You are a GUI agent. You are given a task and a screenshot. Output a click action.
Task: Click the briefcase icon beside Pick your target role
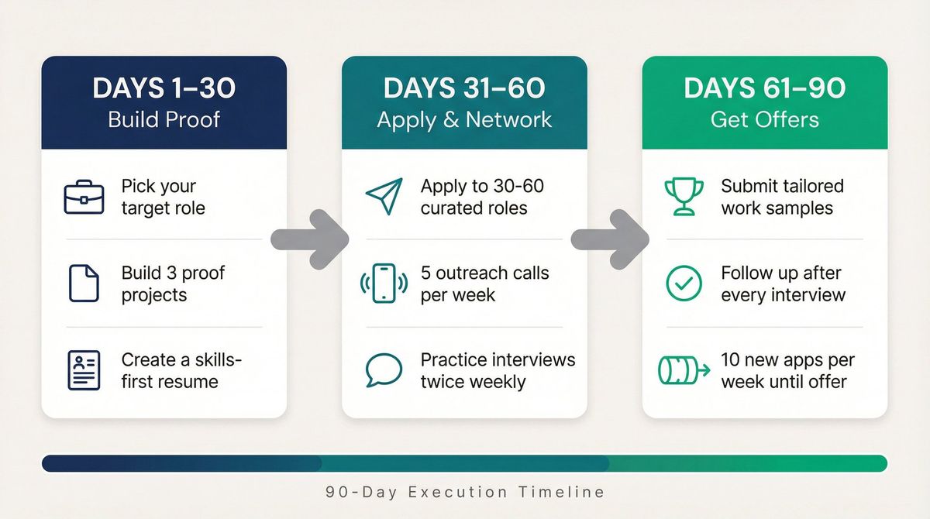click(x=83, y=198)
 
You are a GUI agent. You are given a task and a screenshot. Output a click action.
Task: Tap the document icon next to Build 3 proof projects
click(x=83, y=284)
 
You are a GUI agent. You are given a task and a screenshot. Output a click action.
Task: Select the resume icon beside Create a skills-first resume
click(x=83, y=370)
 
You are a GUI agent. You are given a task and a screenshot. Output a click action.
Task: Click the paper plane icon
click(x=384, y=197)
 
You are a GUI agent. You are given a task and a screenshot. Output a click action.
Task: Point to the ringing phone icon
click(x=384, y=284)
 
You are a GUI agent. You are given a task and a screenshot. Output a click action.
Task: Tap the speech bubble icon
click(x=384, y=370)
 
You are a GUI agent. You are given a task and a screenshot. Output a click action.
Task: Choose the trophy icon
click(x=684, y=197)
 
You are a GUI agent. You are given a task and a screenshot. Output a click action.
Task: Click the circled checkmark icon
click(x=684, y=284)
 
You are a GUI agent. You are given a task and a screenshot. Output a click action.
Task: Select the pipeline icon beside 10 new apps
click(x=684, y=370)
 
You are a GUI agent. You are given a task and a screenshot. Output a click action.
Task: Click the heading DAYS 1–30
click(x=164, y=88)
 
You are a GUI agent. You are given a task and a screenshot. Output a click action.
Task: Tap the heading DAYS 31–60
click(x=464, y=88)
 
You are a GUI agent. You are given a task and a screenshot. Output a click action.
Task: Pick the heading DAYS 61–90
click(x=765, y=88)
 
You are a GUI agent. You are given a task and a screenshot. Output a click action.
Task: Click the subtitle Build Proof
click(x=164, y=119)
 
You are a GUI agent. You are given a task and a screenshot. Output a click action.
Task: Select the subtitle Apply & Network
click(x=464, y=119)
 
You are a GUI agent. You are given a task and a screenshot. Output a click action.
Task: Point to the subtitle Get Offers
click(x=765, y=119)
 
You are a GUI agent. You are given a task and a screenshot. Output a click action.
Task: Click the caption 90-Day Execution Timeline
click(x=465, y=492)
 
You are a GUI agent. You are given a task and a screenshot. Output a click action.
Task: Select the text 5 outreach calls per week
click(x=484, y=284)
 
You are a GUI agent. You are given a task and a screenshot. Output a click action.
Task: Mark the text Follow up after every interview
click(x=783, y=284)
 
